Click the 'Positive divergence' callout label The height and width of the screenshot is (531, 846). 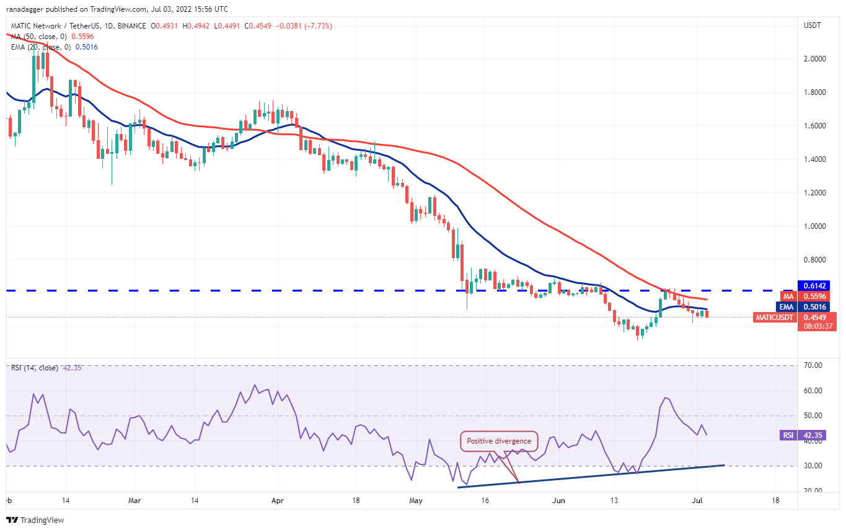click(x=499, y=441)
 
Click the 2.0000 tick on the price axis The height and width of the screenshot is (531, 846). click(x=816, y=59)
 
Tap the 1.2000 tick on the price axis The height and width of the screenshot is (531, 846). click(x=816, y=193)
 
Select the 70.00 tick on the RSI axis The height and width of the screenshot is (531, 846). click(x=813, y=365)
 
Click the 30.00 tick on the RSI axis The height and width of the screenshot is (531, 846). click(x=813, y=466)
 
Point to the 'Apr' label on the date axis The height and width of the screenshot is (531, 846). click(x=277, y=499)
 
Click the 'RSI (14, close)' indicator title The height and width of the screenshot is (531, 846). click(x=34, y=368)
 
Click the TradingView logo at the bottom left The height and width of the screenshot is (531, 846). click(x=35, y=520)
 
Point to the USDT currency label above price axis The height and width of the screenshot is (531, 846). click(x=812, y=25)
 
